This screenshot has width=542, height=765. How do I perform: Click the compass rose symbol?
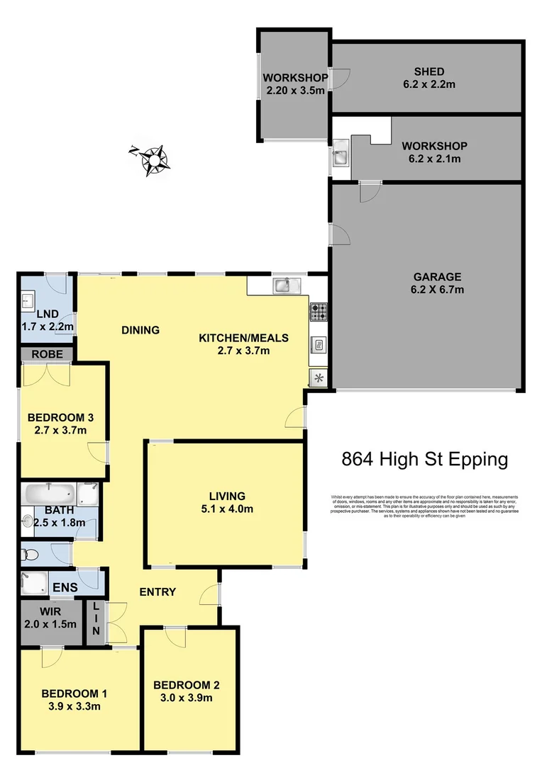point(151,159)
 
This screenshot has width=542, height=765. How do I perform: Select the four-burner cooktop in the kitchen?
point(319,311)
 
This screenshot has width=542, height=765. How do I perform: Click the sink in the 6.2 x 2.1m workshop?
point(341,157)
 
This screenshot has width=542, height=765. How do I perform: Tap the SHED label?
point(429,72)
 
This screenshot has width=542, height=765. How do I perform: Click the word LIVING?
point(227,496)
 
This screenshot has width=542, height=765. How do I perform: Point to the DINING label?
point(140,329)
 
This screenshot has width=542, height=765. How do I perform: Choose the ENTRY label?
point(157,591)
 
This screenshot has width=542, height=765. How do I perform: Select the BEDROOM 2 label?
point(186,685)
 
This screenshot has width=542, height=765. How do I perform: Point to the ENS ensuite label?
point(63,587)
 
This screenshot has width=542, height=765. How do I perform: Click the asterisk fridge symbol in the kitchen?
point(319,378)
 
